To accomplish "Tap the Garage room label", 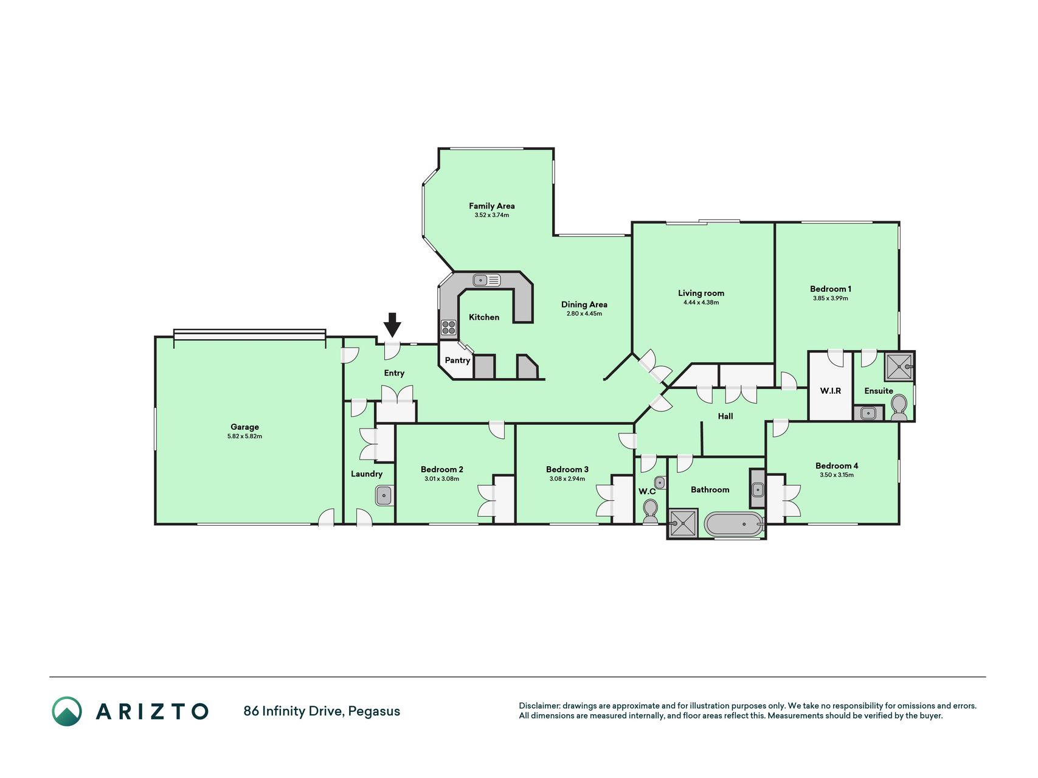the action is coord(244,427).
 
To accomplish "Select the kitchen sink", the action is coord(487,280).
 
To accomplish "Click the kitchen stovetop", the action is coord(449,328).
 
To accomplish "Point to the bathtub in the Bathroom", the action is coord(733,524).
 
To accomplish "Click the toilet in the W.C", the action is coord(651,511).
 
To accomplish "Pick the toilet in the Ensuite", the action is coord(899,408).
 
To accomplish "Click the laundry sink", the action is coord(384,495).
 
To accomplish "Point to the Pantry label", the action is coord(457,360).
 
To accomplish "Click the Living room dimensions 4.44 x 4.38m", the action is coord(701,302).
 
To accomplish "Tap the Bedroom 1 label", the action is coord(831,289).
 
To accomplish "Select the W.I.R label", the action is coord(831,391).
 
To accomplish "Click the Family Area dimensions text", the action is coord(492,215).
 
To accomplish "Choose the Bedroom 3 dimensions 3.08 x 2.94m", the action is coord(567,479).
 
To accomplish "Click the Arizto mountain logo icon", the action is coord(67,711).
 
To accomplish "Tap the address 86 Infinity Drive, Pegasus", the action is coord(322,711).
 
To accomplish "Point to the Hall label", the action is coord(725,416).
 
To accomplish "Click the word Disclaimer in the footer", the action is coord(539,706).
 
